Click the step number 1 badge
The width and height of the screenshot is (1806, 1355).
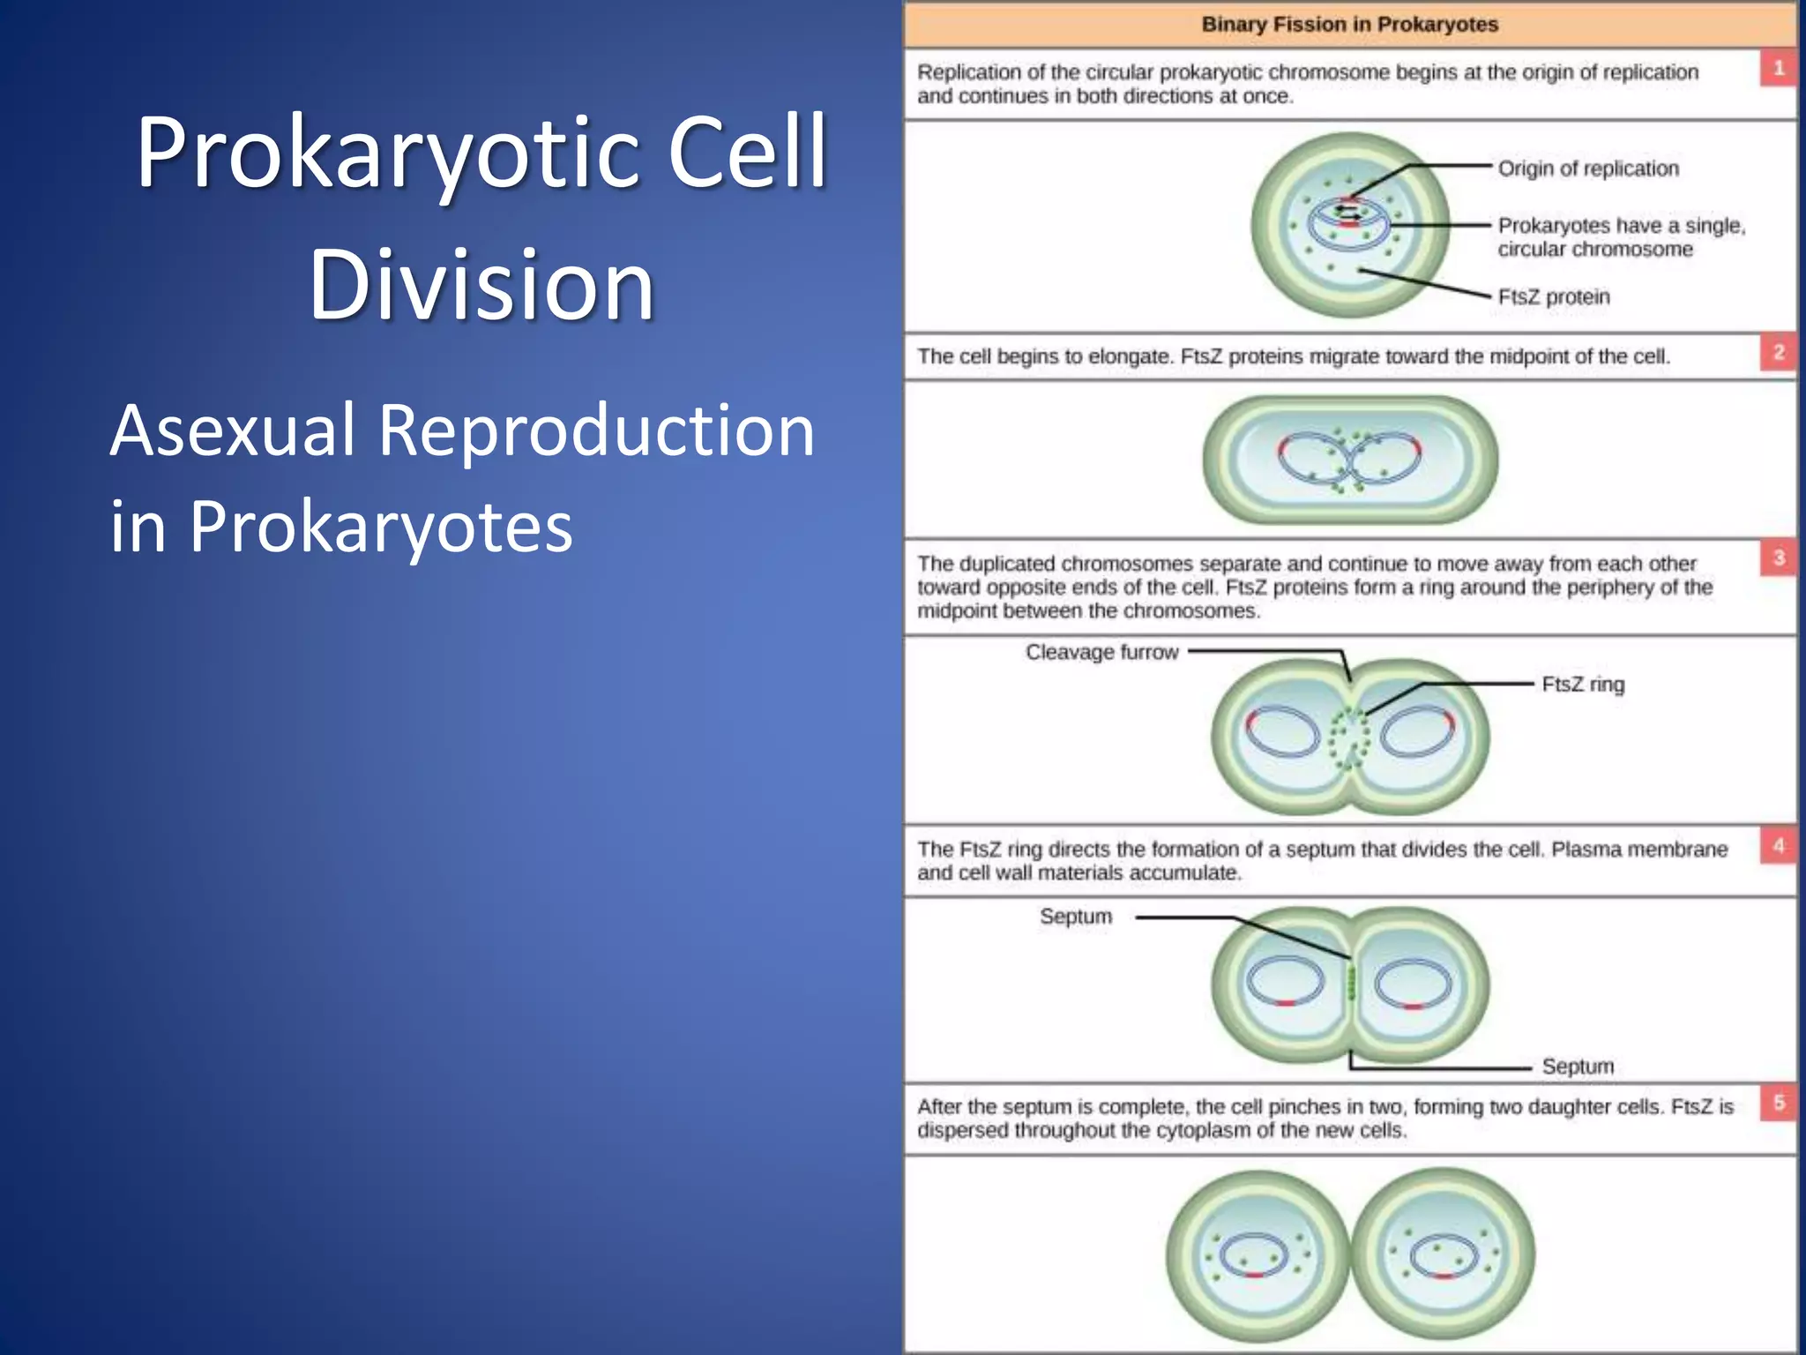[x=1778, y=68]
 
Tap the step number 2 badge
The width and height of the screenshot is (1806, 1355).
[x=1778, y=353]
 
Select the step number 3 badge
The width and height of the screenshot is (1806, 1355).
[x=1778, y=558]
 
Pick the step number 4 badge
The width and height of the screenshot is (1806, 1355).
[x=1778, y=846]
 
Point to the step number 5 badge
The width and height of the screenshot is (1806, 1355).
[x=1778, y=1103]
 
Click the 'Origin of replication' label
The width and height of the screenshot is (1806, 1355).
[x=1588, y=168]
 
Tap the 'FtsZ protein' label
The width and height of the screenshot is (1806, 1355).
[x=1554, y=297]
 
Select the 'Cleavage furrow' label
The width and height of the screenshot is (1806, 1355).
[x=1101, y=652]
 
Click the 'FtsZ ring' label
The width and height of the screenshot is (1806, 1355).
[x=1583, y=685]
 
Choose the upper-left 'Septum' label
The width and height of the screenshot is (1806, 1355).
[x=1076, y=917]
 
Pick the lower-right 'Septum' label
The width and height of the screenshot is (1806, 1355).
[x=1578, y=1067]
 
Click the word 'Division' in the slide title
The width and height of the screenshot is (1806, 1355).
[x=481, y=284]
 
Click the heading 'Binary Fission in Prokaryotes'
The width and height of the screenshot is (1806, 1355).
[x=1349, y=25]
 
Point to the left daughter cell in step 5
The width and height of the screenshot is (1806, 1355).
[x=1257, y=1256]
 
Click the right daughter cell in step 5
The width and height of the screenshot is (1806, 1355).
[x=1443, y=1256]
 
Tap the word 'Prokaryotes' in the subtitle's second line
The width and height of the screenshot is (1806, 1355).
[x=381, y=527]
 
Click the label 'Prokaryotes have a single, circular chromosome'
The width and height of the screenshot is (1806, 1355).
[x=1621, y=237]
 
